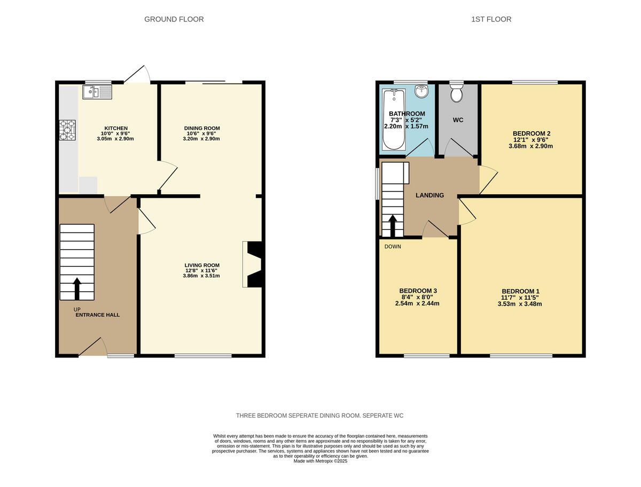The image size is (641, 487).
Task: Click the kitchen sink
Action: click(x=97, y=92)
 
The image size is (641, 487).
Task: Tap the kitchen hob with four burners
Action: click(x=67, y=130)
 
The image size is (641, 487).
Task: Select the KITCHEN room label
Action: click(x=116, y=128)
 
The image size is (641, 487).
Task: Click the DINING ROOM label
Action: click(x=202, y=128)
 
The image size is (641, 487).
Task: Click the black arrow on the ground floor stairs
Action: click(x=77, y=288)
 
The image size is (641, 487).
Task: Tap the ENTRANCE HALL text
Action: click(x=97, y=315)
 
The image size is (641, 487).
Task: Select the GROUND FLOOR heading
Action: click(x=174, y=19)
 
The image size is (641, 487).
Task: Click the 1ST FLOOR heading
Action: click(x=491, y=19)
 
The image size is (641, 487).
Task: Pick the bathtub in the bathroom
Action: click(x=394, y=120)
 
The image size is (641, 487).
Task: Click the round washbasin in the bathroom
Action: click(x=422, y=91)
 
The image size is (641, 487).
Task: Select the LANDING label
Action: click(x=430, y=195)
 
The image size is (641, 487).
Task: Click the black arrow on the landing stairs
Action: click(x=392, y=226)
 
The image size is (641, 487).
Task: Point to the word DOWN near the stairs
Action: click(x=393, y=246)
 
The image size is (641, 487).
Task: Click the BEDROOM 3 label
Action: click(x=418, y=291)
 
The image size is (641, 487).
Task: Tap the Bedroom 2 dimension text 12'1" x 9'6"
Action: click(x=533, y=140)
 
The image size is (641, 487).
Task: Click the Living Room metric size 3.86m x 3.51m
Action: click(x=202, y=276)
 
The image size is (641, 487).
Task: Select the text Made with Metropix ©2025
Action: click(x=320, y=461)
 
